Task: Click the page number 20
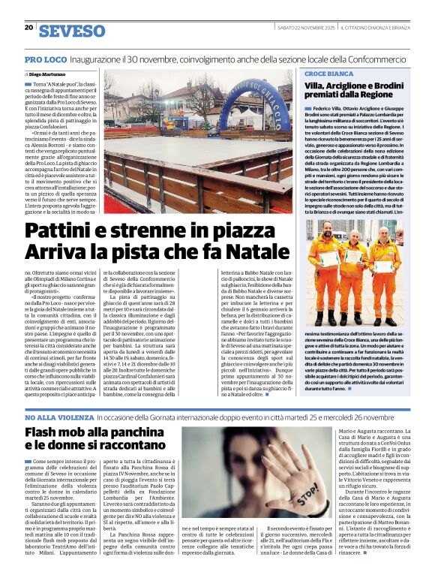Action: [x=28, y=28]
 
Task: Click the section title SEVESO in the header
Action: [x=71, y=31]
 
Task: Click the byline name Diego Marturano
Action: [x=48, y=75]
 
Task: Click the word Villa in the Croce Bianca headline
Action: [x=318, y=88]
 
